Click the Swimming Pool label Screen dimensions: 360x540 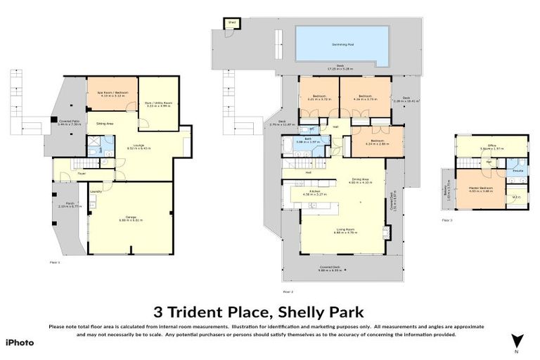point(342,44)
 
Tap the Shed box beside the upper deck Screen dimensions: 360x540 point(231,23)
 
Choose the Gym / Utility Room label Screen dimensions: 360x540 point(159,103)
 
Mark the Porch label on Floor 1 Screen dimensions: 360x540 point(65,205)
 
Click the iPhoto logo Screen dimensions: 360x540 point(20,342)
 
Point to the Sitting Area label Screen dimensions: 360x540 point(105,122)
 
